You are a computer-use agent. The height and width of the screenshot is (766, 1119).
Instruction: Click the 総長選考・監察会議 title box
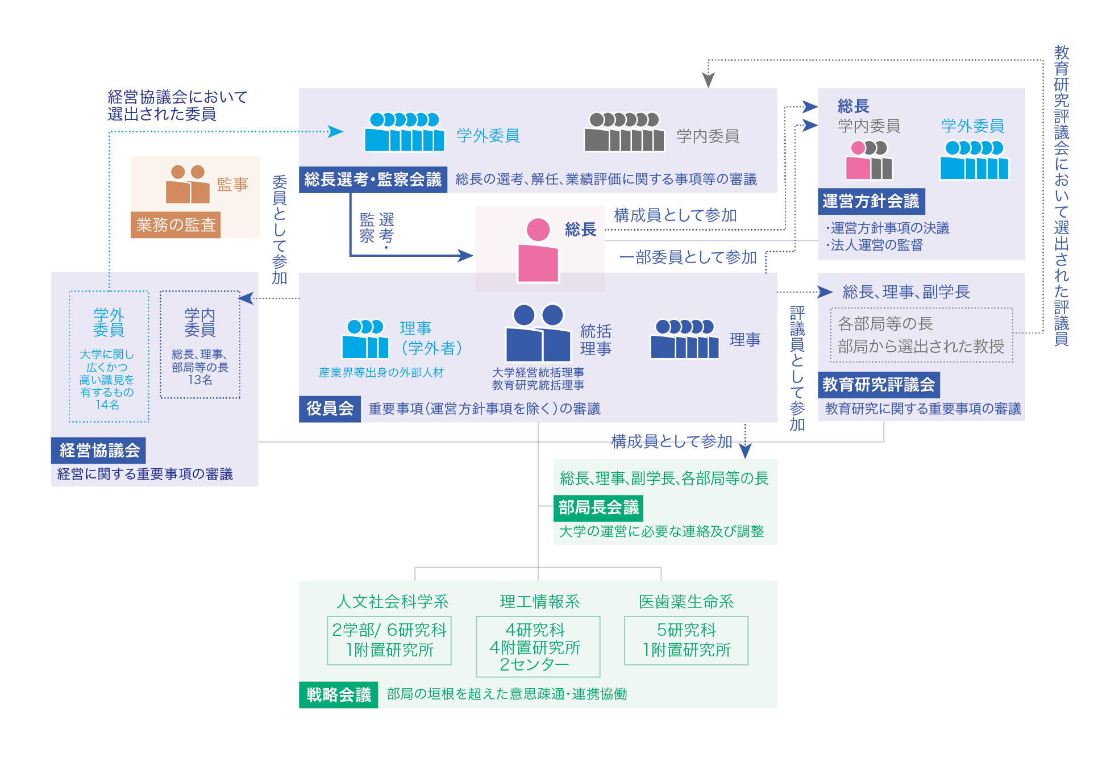(373, 180)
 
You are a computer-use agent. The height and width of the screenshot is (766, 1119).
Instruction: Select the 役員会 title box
(330, 409)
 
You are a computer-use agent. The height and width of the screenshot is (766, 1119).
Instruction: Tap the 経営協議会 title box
(99, 451)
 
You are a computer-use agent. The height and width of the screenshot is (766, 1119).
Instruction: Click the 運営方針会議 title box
(871, 201)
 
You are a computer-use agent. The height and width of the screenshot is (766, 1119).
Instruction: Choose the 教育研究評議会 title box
(879, 385)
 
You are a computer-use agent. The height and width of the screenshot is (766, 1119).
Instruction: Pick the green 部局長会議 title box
(598, 507)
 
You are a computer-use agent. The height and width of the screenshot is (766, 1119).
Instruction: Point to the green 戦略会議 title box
(338, 694)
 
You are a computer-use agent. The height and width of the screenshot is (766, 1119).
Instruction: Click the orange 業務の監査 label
(176, 225)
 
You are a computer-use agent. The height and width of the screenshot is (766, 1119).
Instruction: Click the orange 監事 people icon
(188, 184)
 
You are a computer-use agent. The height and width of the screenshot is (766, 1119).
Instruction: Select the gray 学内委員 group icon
(624, 132)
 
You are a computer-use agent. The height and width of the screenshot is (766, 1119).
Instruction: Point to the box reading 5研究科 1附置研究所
(686, 640)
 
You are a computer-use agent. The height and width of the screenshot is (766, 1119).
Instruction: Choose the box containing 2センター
(538, 647)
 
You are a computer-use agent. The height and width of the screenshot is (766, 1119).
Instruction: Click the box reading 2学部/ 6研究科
(389, 640)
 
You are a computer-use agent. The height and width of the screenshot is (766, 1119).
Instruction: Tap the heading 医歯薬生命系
(686, 602)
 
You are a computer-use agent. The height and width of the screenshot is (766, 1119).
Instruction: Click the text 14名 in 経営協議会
(107, 405)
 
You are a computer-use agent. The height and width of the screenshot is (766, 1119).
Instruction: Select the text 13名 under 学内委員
(200, 380)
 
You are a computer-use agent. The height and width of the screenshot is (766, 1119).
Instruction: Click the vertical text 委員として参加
(279, 230)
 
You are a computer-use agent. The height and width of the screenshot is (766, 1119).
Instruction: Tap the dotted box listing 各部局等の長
(921, 335)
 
